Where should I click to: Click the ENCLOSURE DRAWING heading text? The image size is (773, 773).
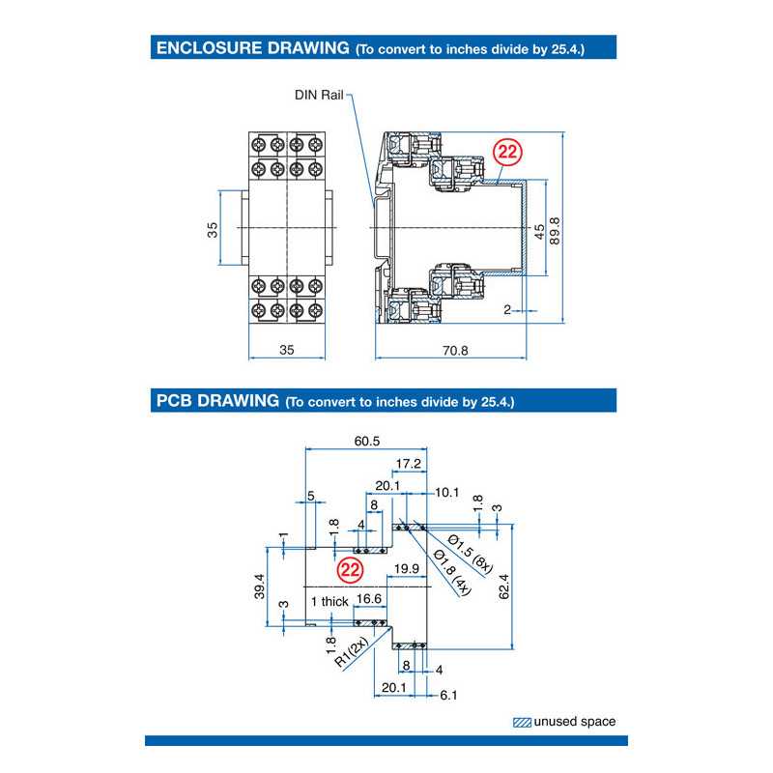252,46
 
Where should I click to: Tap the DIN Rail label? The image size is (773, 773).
319,95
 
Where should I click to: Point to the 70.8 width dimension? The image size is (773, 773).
455,351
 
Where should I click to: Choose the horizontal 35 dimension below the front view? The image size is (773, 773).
286,351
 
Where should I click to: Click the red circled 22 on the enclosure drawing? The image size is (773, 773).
506,152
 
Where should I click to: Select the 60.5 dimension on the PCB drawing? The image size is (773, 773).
367,441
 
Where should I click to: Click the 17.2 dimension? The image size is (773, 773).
409,464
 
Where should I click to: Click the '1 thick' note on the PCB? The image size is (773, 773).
329,601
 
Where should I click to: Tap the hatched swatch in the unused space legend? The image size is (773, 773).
522,722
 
